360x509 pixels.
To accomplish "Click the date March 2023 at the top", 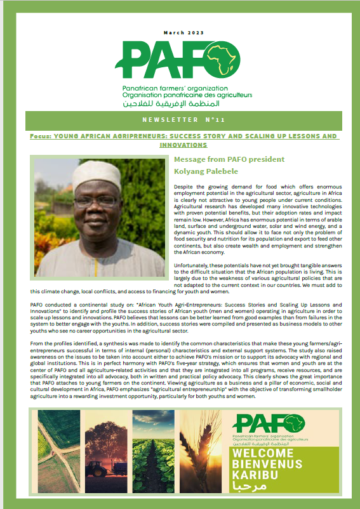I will pos(180,33).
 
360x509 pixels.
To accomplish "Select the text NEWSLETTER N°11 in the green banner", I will pos(180,119).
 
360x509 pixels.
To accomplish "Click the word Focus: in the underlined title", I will pos(42,136).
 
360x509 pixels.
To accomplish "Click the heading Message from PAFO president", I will pos(229,159).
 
